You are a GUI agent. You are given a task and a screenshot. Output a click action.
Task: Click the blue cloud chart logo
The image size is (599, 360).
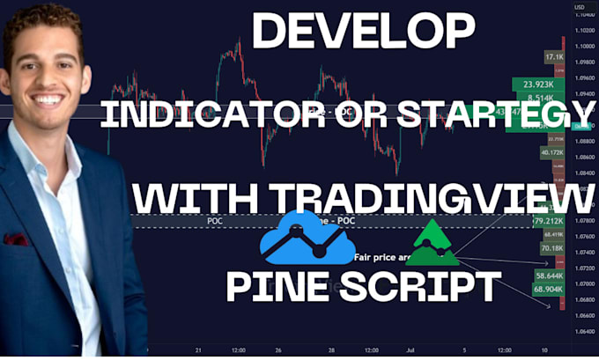[308, 238]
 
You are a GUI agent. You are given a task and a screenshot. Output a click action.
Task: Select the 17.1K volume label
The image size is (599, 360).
[554, 56]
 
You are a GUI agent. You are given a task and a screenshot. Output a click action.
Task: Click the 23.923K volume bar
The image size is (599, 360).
[537, 84]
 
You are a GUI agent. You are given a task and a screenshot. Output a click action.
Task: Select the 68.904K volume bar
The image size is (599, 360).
[548, 289]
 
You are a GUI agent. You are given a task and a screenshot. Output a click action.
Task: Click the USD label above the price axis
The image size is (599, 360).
[580, 8]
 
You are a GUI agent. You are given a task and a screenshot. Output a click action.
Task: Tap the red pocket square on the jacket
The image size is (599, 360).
[15, 239]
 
